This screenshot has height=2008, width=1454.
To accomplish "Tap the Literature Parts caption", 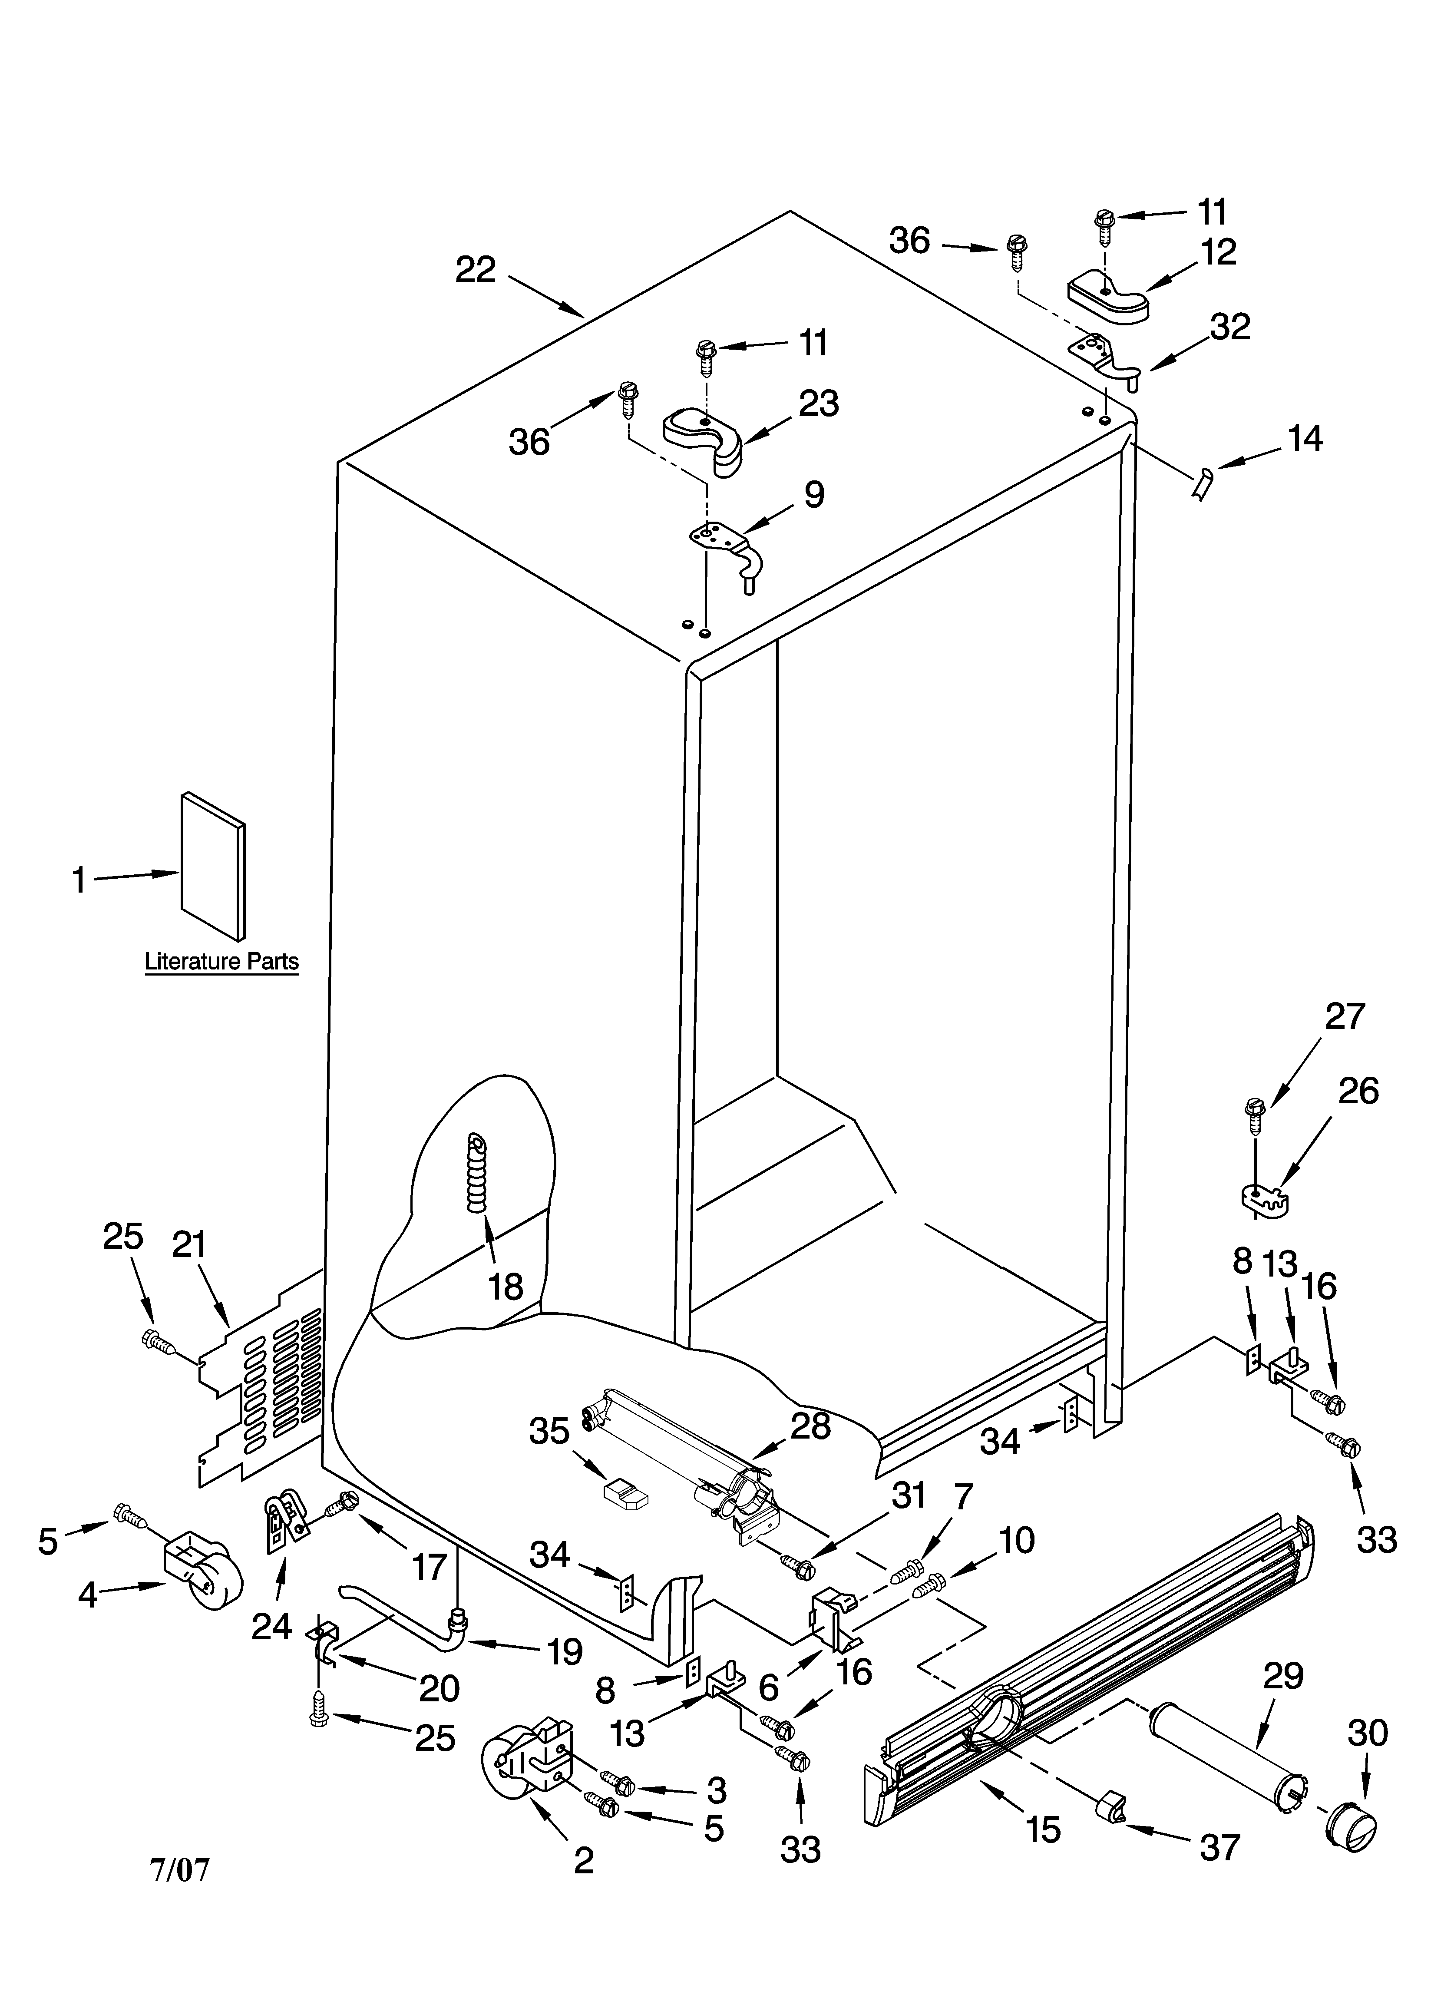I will [x=221, y=962].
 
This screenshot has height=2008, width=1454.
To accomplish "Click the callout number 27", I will [x=1344, y=1016].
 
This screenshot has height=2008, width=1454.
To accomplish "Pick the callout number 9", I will [x=814, y=494].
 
